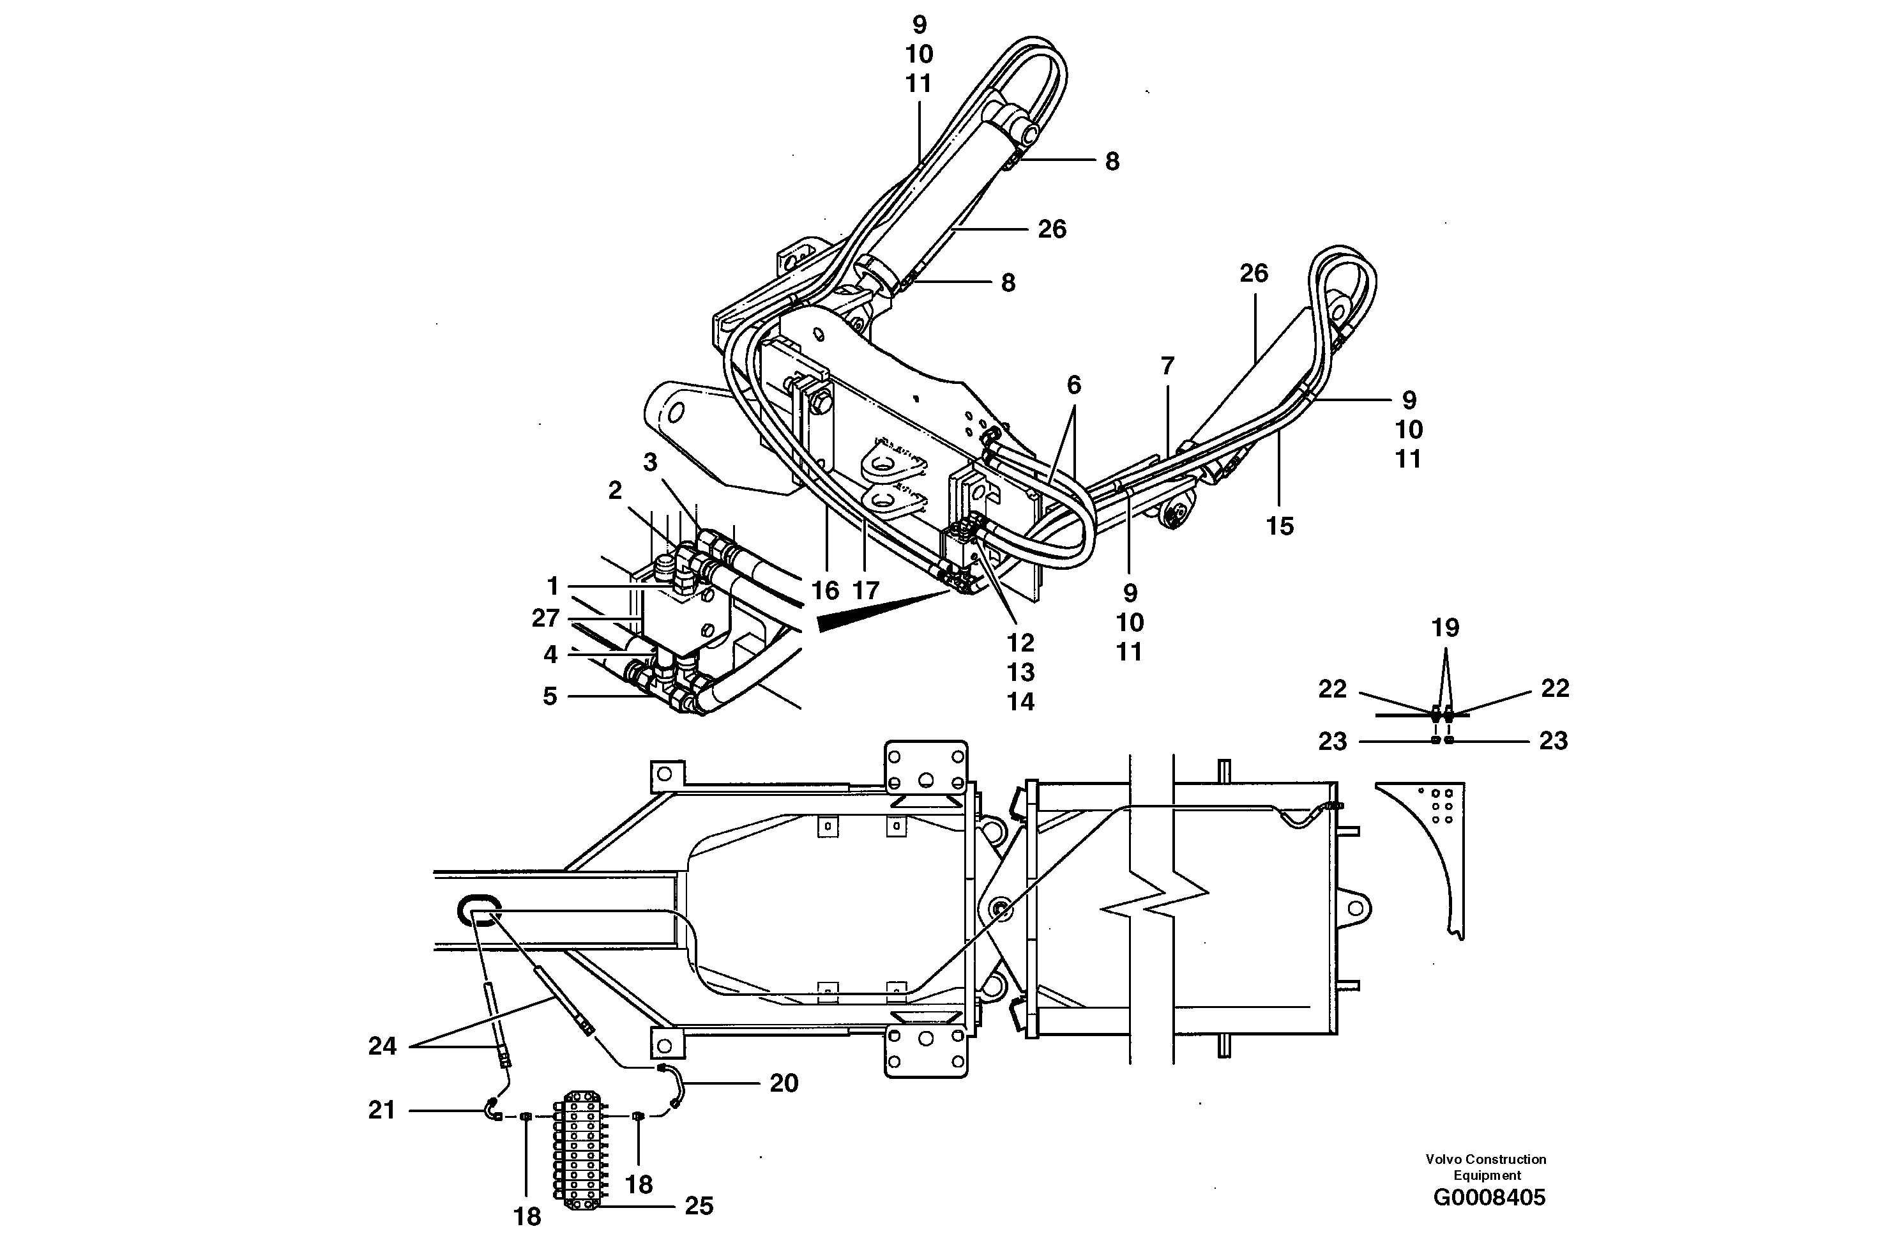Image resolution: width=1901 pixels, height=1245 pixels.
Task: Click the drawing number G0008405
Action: tap(1489, 1197)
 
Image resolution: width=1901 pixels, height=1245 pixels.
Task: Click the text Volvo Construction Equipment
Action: tap(1487, 1166)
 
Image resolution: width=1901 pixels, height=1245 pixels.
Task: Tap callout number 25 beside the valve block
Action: tap(698, 1206)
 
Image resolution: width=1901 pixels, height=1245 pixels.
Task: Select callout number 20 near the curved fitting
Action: tap(784, 1083)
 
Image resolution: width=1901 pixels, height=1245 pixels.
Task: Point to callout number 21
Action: tap(382, 1110)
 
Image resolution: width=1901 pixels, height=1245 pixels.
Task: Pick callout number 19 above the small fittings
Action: tap(1445, 628)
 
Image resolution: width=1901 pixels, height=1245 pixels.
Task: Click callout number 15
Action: tap(1280, 526)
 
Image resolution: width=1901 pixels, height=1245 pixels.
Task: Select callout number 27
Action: tap(545, 618)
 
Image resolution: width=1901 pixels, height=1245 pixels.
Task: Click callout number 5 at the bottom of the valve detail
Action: tap(550, 696)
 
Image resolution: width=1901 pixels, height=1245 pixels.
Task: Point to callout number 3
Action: tap(650, 462)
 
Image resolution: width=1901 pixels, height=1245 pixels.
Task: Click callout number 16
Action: tap(825, 590)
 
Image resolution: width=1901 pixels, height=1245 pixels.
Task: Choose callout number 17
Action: tap(866, 590)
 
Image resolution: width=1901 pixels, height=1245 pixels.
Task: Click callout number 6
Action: tap(1073, 385)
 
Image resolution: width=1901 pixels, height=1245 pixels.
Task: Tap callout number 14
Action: tap(1020, 701)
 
